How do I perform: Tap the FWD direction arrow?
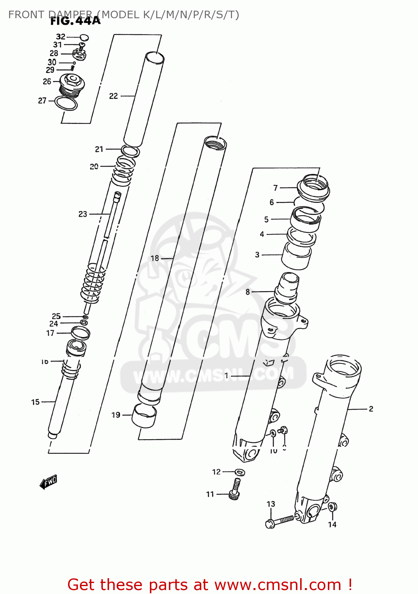(49, 482)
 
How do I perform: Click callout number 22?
(113, 96)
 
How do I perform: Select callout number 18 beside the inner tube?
(155, 258)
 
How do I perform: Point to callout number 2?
(371, 409)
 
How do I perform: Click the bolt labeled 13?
(279, 521)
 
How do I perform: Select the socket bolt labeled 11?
(235, 489)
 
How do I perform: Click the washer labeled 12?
(239, 472)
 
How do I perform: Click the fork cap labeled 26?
(72, 84)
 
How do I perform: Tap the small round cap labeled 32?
(84, 38)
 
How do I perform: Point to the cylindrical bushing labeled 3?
(296, 255)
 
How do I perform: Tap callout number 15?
(36, 402)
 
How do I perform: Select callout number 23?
(83, 214)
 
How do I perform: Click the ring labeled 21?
(130, 151)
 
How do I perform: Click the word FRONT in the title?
(26, 15)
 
